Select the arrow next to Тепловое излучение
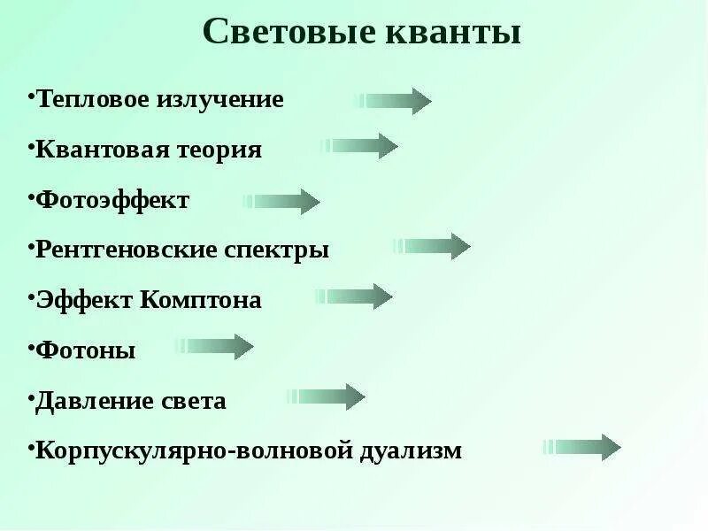(x=393, y=102)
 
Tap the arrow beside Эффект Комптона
(x=354, y=296)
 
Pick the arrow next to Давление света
(x=327, y=397)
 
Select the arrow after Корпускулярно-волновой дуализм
(x=582, y=448)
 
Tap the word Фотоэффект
(x=112, y=200)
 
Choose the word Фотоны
(x=86, y=350)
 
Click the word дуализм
(x=411, y=450)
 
